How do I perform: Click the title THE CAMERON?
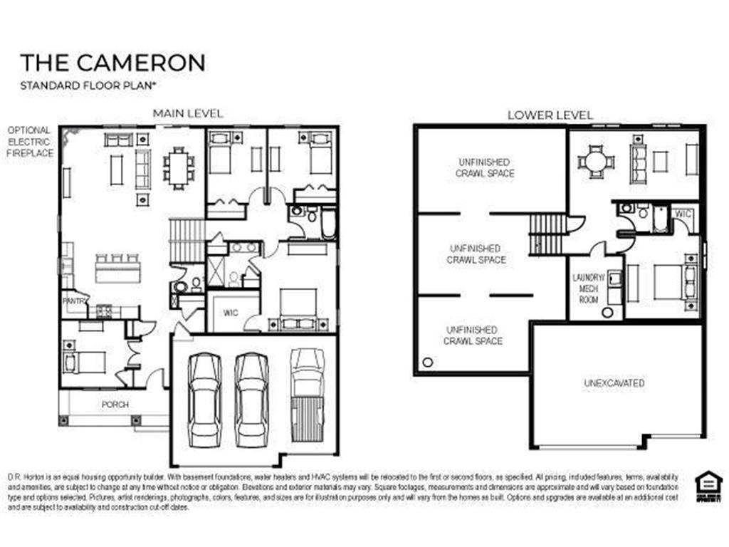pyautogui.click(x=112, y=62)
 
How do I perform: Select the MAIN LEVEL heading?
pyautogui.click(x=188, y=113)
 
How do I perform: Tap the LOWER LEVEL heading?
pyautogui.click(x=550, y=115)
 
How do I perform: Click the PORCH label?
pyautogui.click(x=115, y=405)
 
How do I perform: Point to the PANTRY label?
pyautogui.click(x=75, y=301)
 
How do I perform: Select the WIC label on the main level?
pyautogui.click(x=230, y=312)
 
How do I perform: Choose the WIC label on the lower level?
pyautogui.click(x=683, y=214)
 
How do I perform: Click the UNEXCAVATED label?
pyautogui.click(x=614, y=383)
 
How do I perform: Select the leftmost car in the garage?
pyautogui.click(x=204, y=399)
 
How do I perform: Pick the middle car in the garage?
pyautogui.click(x=253, y=399)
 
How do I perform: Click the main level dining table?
pyautogui.click(x=179, y=168)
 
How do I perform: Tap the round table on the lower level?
pyautogui.click(x=595, y=162)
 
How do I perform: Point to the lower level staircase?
pyautogui.click(x=547, y=234)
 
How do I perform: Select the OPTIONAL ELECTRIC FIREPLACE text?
pyautogui.click(x=29, y=142)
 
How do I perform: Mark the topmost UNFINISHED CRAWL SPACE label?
pyautogui.click(x=485, y=167)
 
